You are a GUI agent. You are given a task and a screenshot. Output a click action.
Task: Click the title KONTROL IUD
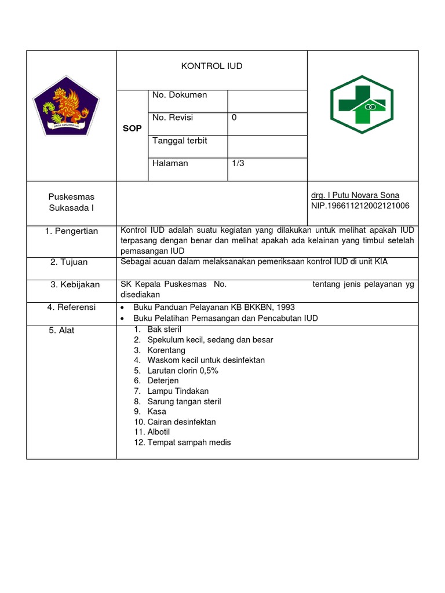pyautogui.click(x=212, y=67)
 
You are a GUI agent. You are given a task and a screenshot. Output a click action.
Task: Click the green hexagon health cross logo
pyautogui.click(x=362, y=105)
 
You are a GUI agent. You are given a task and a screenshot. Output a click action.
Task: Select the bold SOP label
pyautogui.click(x=132, y=129)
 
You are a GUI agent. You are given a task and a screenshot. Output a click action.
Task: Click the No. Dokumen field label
pyautogui.click(x=180, y=95)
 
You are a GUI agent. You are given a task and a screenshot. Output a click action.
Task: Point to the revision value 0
pyautogui.click(x=234, y=118)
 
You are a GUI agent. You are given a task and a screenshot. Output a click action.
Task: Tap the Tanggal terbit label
pyautogui.click(x=180, y=141)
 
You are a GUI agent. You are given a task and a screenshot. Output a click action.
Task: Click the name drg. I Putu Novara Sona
pyautogui.click(x=355, y=195)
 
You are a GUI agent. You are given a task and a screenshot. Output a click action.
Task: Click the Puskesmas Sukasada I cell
pyautogui.click(x=72, y=202)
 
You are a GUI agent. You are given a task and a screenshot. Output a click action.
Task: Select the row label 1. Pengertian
pyautogui.click(x=72, y=231)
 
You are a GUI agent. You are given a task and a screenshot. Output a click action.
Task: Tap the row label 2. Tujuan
pyautogui.click(x=69, y=262)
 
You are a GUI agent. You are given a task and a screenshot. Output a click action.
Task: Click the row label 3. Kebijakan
pyautogui.click(x=75, y=284)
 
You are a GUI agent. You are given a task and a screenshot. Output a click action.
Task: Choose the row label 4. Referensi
pyautogui.click(x=72, y=307)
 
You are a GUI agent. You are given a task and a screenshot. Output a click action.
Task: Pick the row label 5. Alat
pyautogui.click(x=61, y=331)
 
